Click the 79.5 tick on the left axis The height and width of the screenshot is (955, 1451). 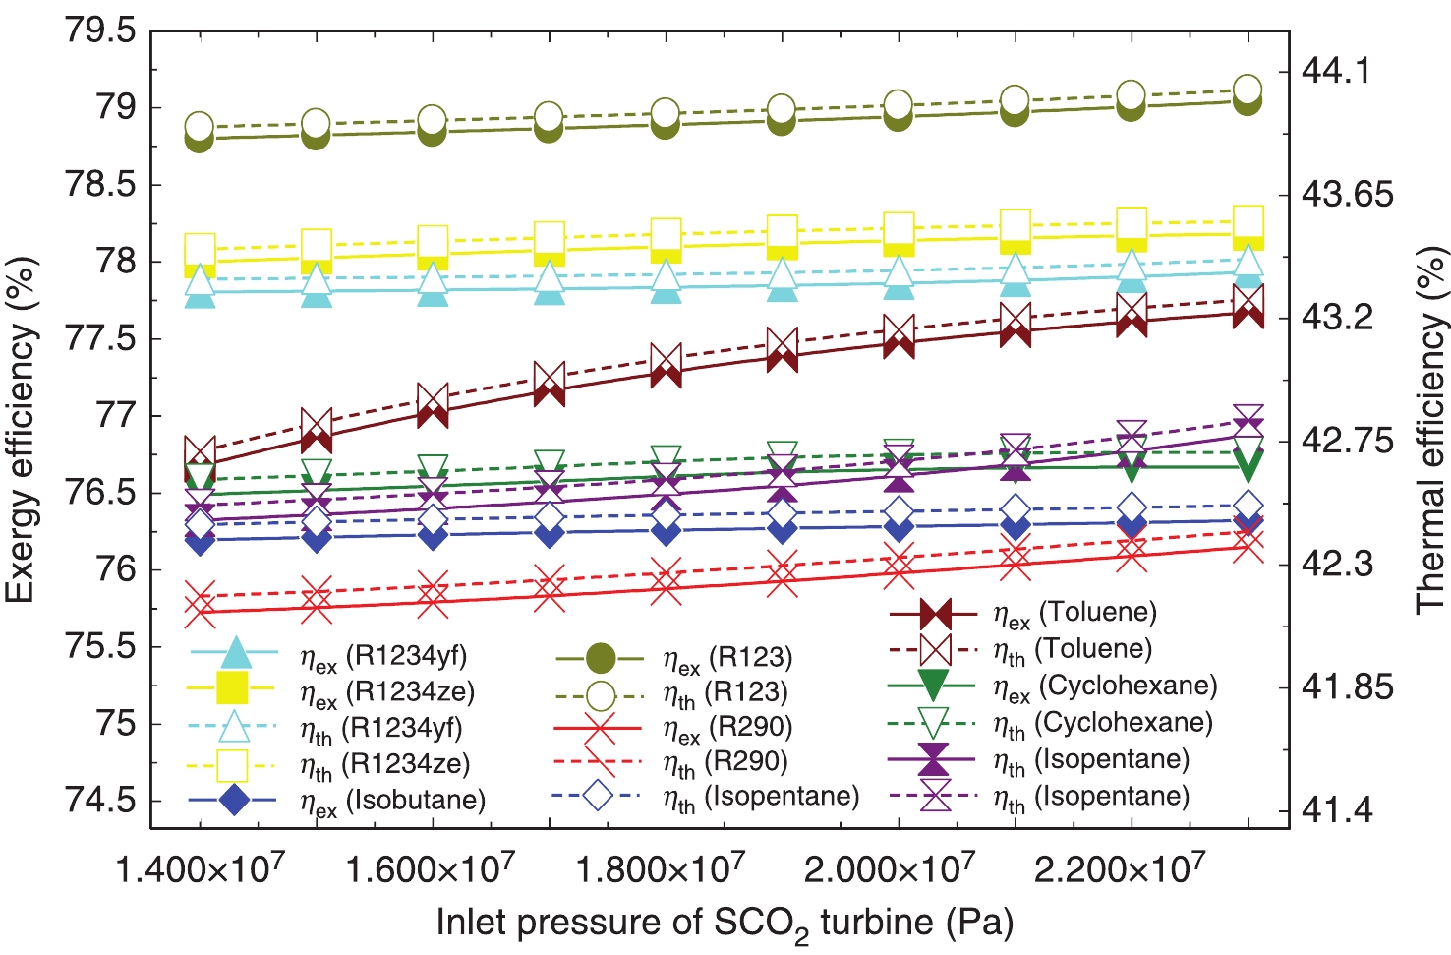[99, 30]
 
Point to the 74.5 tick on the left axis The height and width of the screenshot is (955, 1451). [99, 800]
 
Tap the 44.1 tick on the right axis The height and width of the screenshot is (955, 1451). [1335, 70]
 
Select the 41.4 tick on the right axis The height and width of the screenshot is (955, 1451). [1335, 810]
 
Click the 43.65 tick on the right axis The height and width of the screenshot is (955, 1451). [1347, 194]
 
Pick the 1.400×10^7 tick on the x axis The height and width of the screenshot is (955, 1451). [201, 869]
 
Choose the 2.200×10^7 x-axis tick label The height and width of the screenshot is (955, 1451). [1119, 869]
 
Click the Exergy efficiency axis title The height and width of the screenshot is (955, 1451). [22, 430]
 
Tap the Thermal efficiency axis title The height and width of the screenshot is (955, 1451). [1431, 430]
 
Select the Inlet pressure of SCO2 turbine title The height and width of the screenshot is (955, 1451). [725, 923]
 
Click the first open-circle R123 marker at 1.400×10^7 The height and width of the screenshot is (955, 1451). [200, 126]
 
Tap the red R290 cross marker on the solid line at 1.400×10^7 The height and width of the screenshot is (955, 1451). [201, 611]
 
